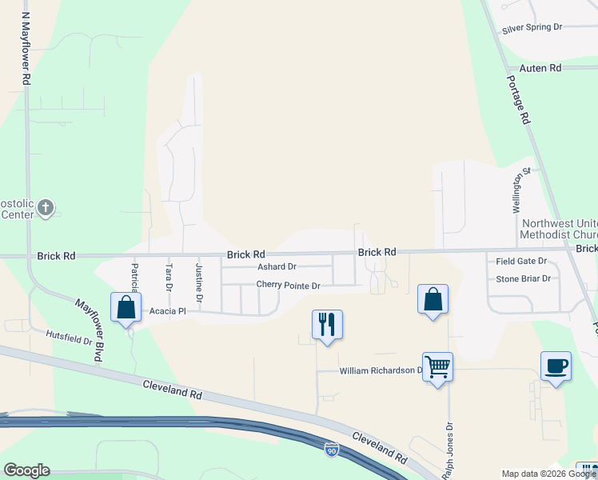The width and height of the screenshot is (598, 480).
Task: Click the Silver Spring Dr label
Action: pyautogui.click(x=532, y=27)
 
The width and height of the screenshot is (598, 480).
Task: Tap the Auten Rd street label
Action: pyautogui.click(x=540, y=69)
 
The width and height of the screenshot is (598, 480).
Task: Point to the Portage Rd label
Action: pyautogui.click(x=519, y=99)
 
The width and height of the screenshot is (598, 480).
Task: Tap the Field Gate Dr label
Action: pyautogui.click(x=520, y=262)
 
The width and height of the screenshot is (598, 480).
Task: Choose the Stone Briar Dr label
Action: pyautogui.click(x=523, y=279)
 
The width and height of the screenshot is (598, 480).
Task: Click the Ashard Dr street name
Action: pyautogui.click(x=277, y=267)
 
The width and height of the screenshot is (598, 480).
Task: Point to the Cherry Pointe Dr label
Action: pyautogui.click(x=288, y=286)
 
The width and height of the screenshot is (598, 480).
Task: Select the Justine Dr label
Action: pyautogui.click(x=200, y=278)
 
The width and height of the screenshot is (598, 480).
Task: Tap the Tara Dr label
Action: pyautogui.click(x=169, y=277)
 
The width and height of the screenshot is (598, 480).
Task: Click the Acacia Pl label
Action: pyautogui.click(x=168, y=311)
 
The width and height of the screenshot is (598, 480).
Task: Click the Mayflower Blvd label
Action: pyautogui.click(x=89, y=330)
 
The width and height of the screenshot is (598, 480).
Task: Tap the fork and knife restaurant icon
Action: pyautogui.click(x=327, y=324)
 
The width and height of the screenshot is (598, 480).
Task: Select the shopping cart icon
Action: pyautogui.click(x=437, y=366)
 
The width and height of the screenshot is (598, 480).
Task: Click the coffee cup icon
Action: pyautogui.click(x=556, y=366)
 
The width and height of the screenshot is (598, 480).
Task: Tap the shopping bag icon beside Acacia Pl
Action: pyautogui.click(x=126, y=307)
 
